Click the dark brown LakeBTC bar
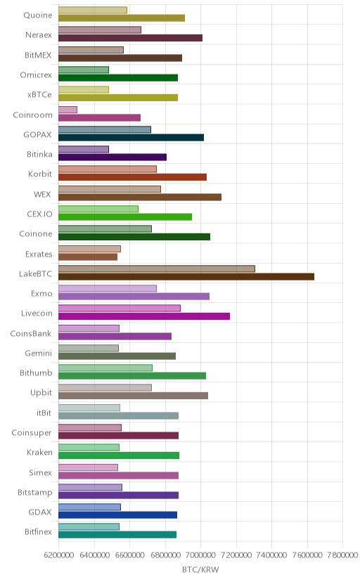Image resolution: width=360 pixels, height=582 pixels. point(186,276)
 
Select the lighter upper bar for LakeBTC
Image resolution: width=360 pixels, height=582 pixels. point(157,269)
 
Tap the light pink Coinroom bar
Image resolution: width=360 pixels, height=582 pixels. point(68,110)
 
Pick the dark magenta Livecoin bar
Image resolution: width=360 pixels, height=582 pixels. point(144,316)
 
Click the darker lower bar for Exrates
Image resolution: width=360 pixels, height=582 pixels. point(88,257)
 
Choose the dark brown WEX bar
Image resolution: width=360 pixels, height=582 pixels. point(140,197)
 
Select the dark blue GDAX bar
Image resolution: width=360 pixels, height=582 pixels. point(117,515)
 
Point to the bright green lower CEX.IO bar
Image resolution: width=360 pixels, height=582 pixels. point(125,217)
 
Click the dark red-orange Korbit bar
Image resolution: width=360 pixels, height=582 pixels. point(132,177)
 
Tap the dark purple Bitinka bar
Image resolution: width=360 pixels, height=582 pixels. point(112,157)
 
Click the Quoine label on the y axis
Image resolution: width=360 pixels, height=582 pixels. point(38,15)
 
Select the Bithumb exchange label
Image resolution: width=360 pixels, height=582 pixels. point(36,373)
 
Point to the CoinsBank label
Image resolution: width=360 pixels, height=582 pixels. point(31,333)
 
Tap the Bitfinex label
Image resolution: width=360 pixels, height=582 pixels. point(38,532)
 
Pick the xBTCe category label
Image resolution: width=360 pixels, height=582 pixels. point(39,95)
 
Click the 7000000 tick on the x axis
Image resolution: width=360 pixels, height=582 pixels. point(201,555)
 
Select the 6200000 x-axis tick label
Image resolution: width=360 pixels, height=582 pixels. point(58,555)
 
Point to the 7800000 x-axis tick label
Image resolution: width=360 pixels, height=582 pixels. point(342,555)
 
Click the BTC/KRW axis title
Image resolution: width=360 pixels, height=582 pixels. point(200,570)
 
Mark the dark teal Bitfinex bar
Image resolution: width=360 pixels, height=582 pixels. point(117,535)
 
